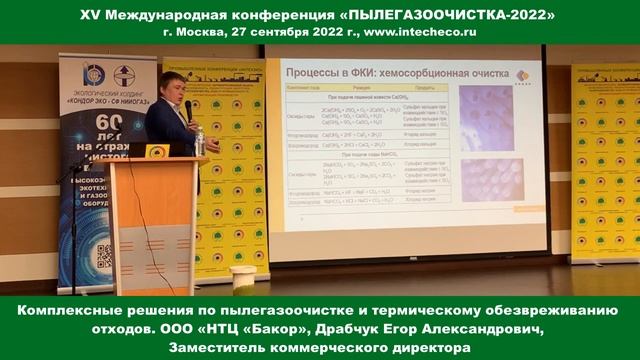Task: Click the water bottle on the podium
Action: pyautogui.click(x=199, y=141)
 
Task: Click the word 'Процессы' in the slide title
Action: pyautogui.click(x=319, y=74)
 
